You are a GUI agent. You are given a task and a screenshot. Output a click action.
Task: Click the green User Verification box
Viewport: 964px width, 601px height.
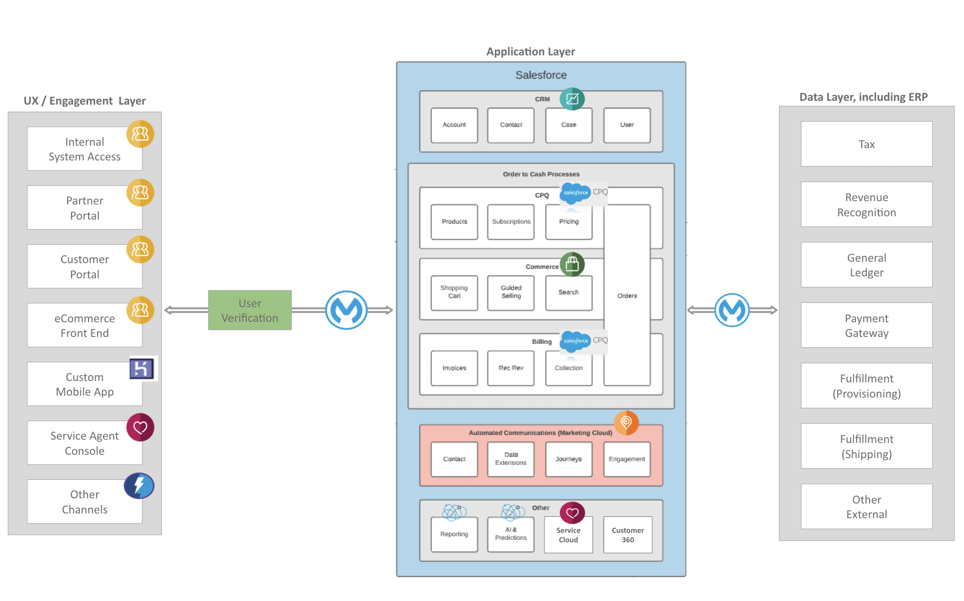point(250,310)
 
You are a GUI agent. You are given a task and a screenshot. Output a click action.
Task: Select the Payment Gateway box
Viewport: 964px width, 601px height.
point(866,325)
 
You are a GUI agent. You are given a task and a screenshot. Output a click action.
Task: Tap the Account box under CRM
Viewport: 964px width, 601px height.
point(454,125)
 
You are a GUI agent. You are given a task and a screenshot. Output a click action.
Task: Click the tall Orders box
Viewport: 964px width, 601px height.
point(626,295)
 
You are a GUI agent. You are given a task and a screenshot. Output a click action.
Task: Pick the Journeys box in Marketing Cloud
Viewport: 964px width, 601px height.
point(568,459)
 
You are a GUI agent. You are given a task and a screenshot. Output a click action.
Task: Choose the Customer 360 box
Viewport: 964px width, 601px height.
point(627,535)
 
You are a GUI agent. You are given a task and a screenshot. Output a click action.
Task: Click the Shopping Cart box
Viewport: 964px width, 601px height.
point(454,292)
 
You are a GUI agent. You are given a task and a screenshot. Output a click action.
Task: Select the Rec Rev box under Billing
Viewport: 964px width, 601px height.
point(510,368)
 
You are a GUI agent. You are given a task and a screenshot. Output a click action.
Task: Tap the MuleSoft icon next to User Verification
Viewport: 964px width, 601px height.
point(346,310)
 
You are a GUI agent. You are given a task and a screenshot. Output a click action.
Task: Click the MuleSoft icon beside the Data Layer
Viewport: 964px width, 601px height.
point(732,310)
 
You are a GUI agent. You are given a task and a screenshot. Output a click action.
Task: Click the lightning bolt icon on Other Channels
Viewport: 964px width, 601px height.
point(139,486)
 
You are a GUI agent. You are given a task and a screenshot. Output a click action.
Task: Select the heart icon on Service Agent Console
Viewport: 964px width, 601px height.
point(140,427)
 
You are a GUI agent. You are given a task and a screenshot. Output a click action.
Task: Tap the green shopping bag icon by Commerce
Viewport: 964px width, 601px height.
point(572,264)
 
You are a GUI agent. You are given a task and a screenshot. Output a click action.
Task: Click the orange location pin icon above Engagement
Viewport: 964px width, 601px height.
point(626,422)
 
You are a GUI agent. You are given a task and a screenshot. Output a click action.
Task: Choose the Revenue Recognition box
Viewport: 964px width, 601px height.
point(866,204)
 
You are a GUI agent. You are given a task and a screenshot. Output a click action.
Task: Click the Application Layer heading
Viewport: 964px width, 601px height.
point(530,52)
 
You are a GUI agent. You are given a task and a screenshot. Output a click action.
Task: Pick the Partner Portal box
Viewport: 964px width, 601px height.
point(84,208)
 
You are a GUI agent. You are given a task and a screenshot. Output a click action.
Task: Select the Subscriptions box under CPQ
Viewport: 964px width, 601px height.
point(510,221)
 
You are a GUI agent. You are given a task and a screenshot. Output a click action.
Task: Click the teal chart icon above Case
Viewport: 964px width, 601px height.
point(572,99)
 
